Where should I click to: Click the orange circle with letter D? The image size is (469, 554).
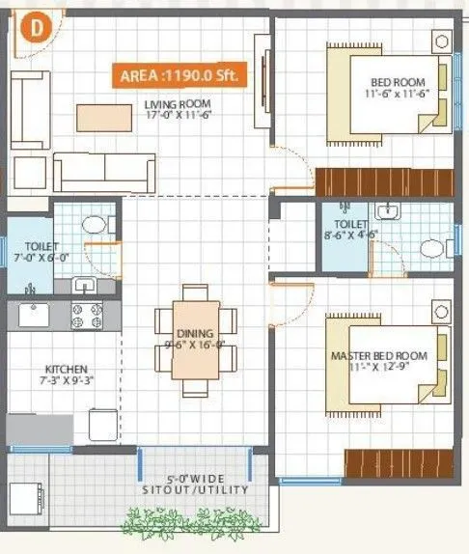[x=36, y=28]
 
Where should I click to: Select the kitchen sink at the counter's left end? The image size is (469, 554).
[x=32, y=315]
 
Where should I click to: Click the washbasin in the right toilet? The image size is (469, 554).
[x=388, y=212]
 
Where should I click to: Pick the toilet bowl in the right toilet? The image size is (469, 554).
[x=433, y=248]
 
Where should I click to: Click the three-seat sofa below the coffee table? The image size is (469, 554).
[x=103, y=171]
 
